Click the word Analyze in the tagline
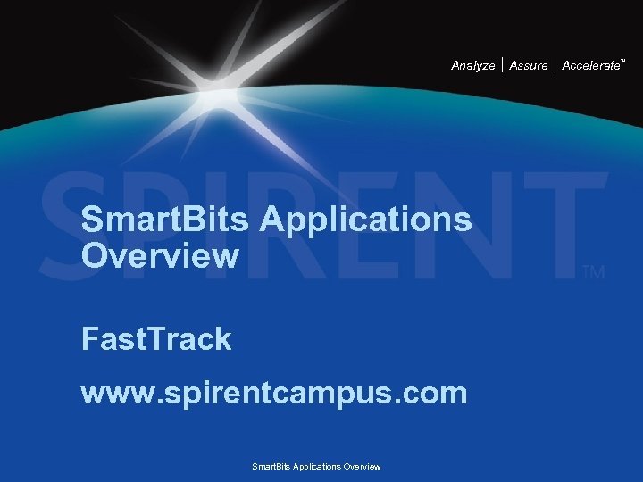point(472,66)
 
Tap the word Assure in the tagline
point(529,66)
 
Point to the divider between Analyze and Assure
point(503,65)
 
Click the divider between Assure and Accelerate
point(555,65)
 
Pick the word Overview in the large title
point(160,256)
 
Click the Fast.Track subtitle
point(156,339)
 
